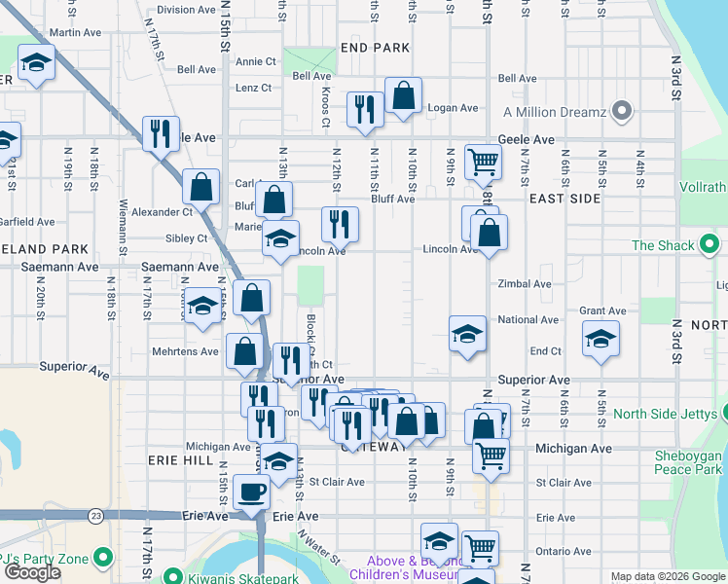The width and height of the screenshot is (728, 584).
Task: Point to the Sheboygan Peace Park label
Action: [x=687, y=462]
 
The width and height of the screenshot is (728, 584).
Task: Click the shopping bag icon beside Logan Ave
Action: [x=402, y=96]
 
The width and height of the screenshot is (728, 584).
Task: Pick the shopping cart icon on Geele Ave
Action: [x=483, y=163]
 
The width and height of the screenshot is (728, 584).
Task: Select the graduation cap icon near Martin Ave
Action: [x=36, y=65]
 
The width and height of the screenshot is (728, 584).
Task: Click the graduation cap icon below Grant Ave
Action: [x=601, y=341]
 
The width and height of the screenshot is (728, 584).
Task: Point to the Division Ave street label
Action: [x=186, y=10]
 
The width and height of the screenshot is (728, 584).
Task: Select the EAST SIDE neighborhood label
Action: [x=564, y=198]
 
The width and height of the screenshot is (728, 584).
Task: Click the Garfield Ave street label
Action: [x=27, y=222]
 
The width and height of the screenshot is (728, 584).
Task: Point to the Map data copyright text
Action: [x=667, y=576]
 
